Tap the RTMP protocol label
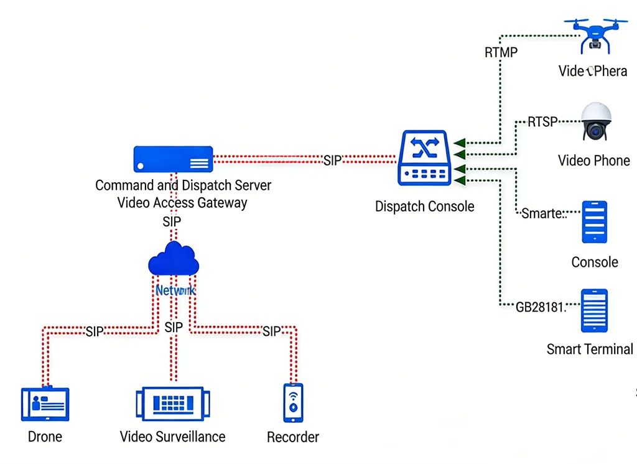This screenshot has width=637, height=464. point(501,52)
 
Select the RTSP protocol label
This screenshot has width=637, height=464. point(542,121)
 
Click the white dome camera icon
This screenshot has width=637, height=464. point(596,122)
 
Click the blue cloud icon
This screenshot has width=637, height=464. point(174,259)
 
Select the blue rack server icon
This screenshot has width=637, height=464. point(173,159)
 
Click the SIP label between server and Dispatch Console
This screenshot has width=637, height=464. point(333,160)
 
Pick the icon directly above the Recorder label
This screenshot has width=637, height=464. point(293,401)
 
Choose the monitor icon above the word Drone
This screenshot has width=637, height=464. point(45,404)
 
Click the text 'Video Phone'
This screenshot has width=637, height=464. point(593,160)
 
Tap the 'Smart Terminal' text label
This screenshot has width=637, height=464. point(589,349)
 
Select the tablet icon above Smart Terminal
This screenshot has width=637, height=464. point(593,310)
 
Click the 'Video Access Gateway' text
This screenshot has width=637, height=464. point(182,202)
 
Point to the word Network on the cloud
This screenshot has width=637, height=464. point(175,290)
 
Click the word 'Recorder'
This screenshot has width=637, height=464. point(292,437)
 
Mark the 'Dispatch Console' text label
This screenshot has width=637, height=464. point(424,206)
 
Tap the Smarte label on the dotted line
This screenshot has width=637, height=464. point(542,214)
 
